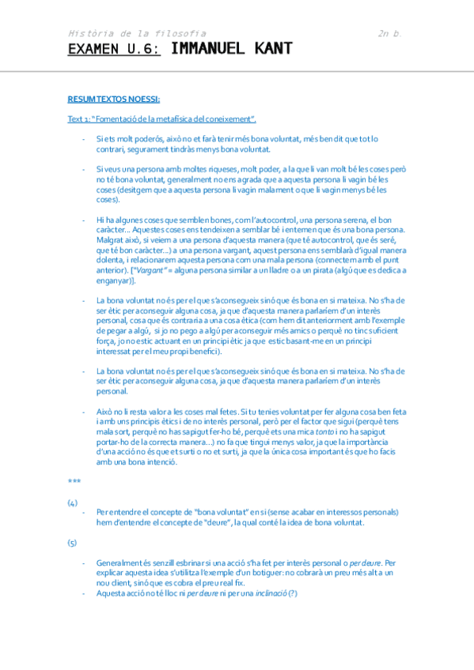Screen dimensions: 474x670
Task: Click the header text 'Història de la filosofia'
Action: tap(137, 33)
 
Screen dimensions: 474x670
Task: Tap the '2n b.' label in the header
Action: tap(391, 33)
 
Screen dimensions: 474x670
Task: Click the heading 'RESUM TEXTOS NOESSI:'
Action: tap(114, 99)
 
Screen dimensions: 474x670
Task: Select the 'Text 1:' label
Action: tap(78, 119)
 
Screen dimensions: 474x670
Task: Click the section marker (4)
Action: tap(72, 502)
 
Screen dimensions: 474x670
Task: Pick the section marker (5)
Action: tap(72, 543)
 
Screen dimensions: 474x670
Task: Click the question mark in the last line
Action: tap(292, 593)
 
